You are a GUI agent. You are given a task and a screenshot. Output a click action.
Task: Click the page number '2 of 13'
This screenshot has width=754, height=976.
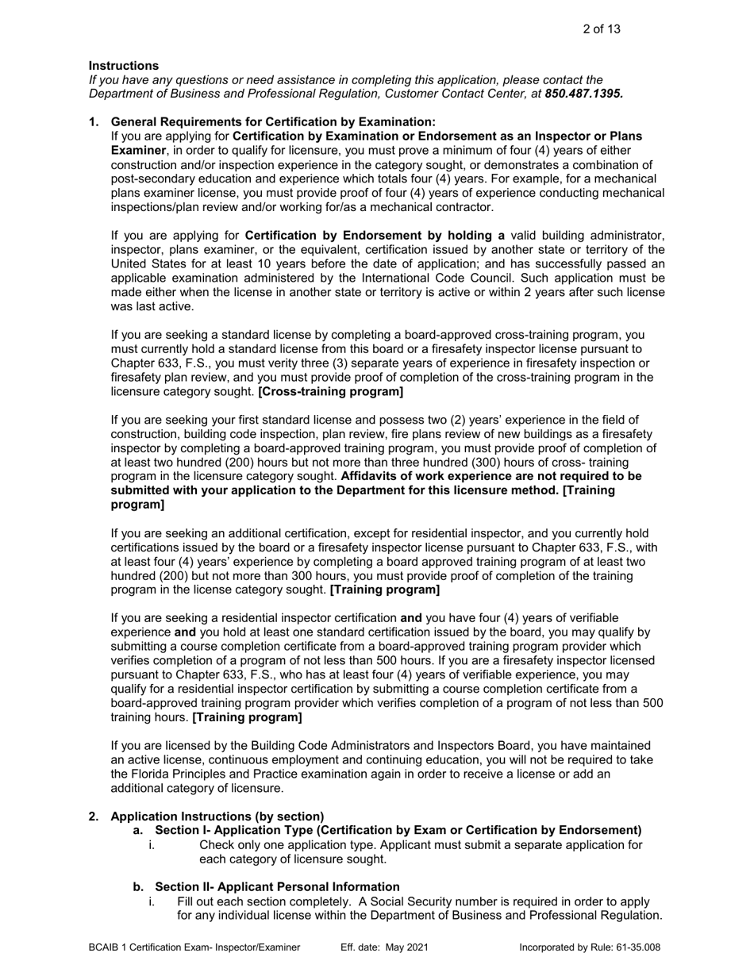601,29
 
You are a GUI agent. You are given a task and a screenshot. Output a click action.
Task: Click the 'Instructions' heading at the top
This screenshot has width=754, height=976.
123,66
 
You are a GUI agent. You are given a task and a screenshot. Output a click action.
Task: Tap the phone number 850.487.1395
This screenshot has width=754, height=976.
583,93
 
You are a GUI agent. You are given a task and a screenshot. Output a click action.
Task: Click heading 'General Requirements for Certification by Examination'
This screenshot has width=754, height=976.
273,121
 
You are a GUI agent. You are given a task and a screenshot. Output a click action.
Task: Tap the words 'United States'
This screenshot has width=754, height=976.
148,263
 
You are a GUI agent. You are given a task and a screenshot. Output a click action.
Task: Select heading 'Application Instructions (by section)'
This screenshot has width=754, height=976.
217,817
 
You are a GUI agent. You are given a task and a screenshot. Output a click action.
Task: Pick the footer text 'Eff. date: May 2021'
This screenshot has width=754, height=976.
385,947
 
